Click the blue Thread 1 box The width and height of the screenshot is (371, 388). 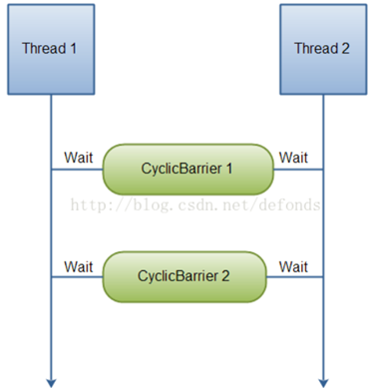pyautogui.click(x=49, y=47)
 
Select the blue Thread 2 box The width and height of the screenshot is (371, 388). pyautogui.click(x=321, y=47)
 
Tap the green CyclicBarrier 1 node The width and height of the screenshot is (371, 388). pyautogui.click(x=187, y=169)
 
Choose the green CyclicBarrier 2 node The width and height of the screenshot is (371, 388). pyautogui.click(x=185, y=277)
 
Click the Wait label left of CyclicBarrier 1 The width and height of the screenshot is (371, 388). pyautogui.click(x=79, y=158)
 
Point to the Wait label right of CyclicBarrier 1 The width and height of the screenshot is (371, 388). pyautogui.click(x=293, y=158)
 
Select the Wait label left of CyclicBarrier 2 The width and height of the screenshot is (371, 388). pyautogui.click(x=79, y=266)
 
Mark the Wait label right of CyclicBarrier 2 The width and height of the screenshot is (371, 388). pyautogui.click(x=293, y=266)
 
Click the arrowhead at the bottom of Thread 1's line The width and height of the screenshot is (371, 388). pyautogui.click(x=50, y=379)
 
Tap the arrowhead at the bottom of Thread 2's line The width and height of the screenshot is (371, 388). pyautogui.click(x=322, y=379)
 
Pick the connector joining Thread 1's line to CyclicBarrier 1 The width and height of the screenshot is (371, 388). pyautogui.click(x=76, y=170)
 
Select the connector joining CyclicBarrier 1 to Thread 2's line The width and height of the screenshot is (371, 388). pyautogui.click(x=297, y=170)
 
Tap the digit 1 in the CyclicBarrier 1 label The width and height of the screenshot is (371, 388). pyautogui.click(x=228, y=169)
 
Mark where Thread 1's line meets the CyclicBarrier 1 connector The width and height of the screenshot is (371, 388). pyautogui.click(x=50, y=170)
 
